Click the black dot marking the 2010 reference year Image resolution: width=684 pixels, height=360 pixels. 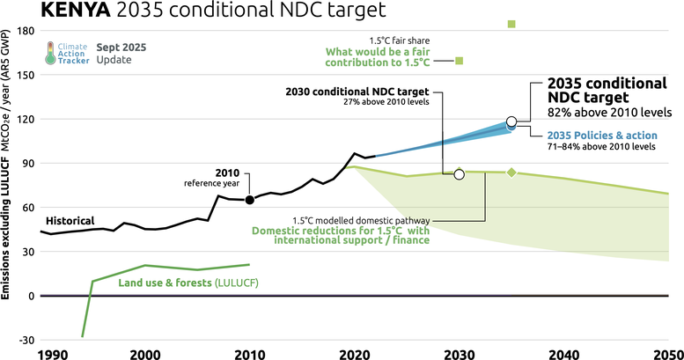pos(249,200)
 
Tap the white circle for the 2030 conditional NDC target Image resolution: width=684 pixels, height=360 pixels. pos(459,174)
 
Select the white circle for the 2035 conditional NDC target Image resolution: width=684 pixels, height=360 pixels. pos(511,121)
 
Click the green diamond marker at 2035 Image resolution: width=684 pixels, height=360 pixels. pos(511,173)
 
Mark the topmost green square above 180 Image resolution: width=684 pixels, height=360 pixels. pos(511,24)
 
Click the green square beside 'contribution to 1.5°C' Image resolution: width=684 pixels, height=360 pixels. pos(460,61)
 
